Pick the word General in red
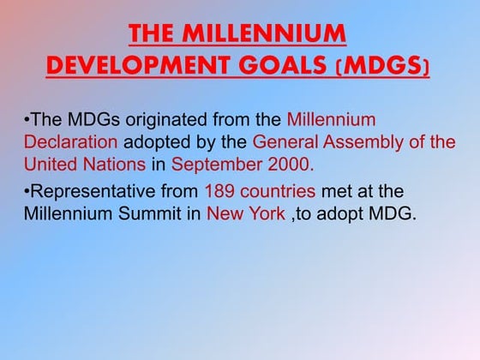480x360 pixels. click(x=284, y=141)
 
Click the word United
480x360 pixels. click(x=53, y=162)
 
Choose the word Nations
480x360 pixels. click(x=117, y=162)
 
